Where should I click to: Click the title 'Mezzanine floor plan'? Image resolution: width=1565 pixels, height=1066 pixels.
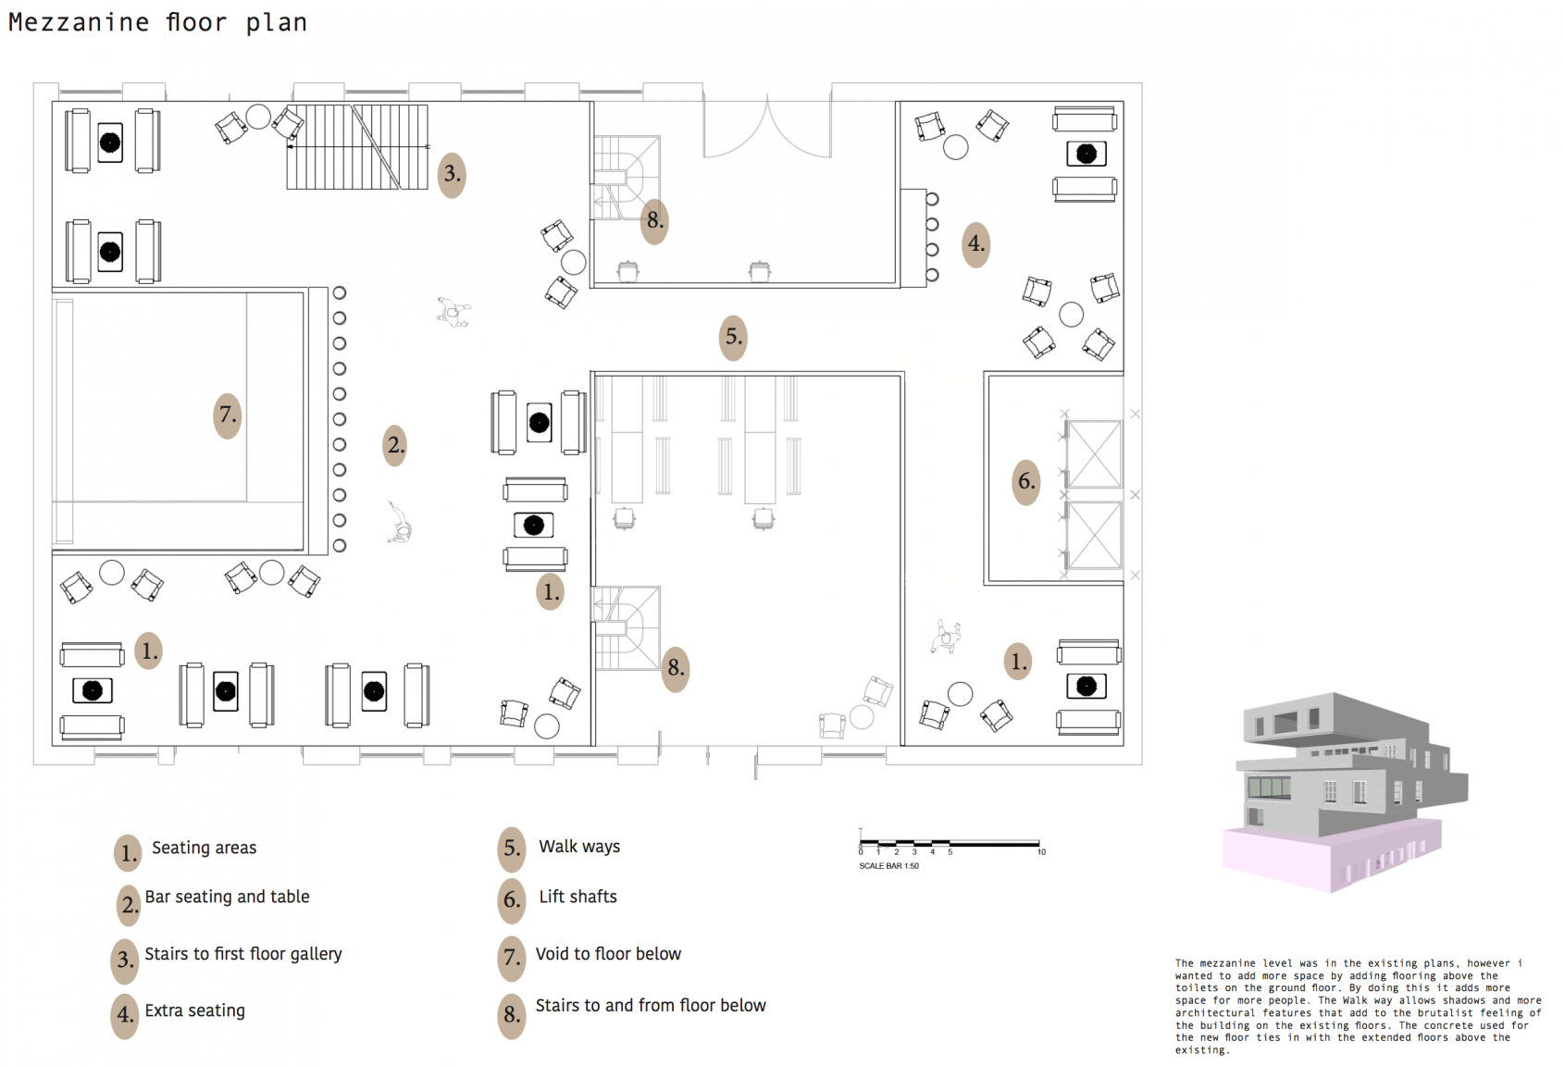click(x=157, y=22)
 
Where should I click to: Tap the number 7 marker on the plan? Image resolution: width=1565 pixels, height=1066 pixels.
click(x=227, y=415)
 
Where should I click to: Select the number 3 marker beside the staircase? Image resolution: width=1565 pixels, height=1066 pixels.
click(x=452, y=174)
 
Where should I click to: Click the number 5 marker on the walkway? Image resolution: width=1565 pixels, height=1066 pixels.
click(x=733, y=337)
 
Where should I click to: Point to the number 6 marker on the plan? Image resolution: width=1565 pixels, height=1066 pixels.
click(x=1025, y=481)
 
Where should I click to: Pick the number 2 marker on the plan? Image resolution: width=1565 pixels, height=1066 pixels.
click(x=395, y=445)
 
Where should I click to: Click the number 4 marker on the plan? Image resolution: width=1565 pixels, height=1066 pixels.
click(x=975, y=244)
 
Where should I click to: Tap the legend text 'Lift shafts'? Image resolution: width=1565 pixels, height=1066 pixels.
click(x=578, y=897)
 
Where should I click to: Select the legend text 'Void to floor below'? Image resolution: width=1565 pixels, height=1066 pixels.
click(x=608, y=954)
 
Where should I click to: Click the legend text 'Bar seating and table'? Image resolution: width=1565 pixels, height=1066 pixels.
click(x=227, y=897)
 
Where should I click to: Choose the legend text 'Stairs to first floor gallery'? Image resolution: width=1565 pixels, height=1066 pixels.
click(x=242, y=954)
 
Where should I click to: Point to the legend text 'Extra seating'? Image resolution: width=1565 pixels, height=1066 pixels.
click(x=194, y=1010)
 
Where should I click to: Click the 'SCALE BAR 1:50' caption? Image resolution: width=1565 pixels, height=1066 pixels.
click(x=888, y=866)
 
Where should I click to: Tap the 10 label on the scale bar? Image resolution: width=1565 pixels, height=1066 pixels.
click(x=1041, y=852)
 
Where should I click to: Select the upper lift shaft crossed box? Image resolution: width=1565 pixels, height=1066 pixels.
click(x=1094, y=453)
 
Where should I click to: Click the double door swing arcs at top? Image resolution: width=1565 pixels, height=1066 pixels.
click(x=767, y=130)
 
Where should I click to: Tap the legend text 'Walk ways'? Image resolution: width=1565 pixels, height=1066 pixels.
click(x=579, y=847)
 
